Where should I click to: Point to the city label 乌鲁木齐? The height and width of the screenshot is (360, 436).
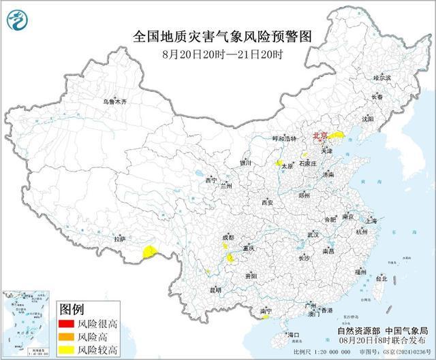(x=114, y=102)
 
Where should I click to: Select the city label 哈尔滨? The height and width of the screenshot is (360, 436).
(x=382, y=79)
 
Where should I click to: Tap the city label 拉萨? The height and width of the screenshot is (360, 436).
(x=121, y=239)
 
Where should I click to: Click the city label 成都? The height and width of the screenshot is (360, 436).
(x=228, y=238)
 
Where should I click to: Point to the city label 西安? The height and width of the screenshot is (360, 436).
(x=266, y=202)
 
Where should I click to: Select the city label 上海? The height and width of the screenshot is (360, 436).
(x=371, y=220)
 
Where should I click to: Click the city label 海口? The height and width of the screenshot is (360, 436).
(x=293, y=336)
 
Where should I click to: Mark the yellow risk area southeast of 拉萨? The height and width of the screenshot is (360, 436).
(x=149, y=253)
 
